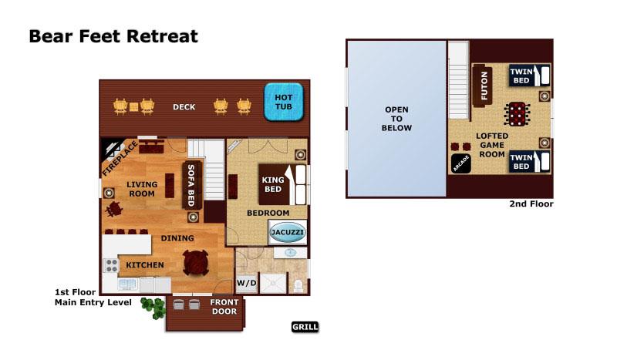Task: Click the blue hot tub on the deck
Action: [x=284, y=102]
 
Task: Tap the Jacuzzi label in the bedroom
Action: [x=288, y=231]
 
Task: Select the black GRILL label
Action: [x=305, y=327]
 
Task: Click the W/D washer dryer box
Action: [x=247, y=284]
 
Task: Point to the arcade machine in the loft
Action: [x=461, y=163]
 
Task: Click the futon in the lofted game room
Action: [x=484, y=86]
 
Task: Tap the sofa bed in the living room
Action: [x=192, y=185]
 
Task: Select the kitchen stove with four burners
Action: [x=111, y=266]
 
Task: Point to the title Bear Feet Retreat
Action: [x=113, y=36]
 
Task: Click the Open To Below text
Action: [x=396, y=119]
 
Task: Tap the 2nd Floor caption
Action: [x=531, y=204]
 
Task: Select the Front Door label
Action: [x=224, y=307]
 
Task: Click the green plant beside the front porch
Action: [x=158, y=308]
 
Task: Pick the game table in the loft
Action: [x=516, y=114]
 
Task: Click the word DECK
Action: [x=184, y=107]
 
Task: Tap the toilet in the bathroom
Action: [x=298, y=284]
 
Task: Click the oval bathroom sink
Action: [x=290, y=252]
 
